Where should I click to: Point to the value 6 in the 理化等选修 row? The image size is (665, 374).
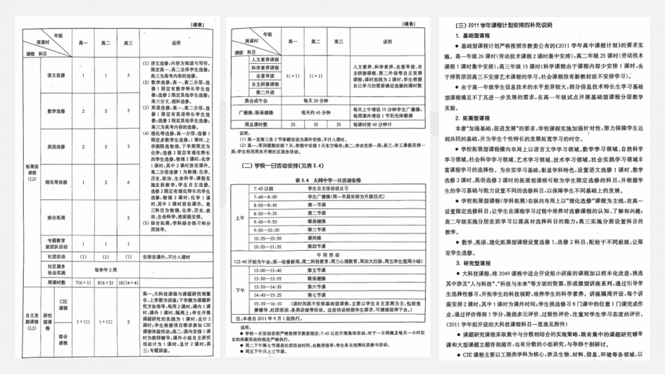128,182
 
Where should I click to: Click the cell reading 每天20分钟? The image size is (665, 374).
311,100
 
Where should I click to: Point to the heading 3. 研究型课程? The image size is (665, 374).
471,264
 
